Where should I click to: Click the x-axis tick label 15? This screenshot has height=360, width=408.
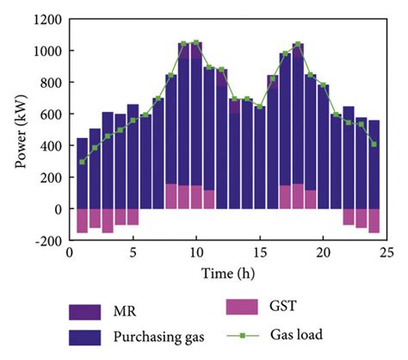(x=259, y=252)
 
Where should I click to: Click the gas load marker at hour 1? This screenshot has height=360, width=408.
(x=83, y=162)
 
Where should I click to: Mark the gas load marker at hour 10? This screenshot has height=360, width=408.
(x=196, y=42)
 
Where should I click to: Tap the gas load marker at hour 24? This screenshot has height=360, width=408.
(x=374, y=144)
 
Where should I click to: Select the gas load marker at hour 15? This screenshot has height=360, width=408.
(x=259, y=107)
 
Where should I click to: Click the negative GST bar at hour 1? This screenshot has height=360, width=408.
(x=83, y=220)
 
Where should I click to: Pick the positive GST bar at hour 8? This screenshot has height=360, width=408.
(x=170, y=196)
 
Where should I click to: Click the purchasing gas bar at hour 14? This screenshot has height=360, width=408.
(x=247, y=155)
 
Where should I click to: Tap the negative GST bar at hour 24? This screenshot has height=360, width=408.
(x=374, y=220)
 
